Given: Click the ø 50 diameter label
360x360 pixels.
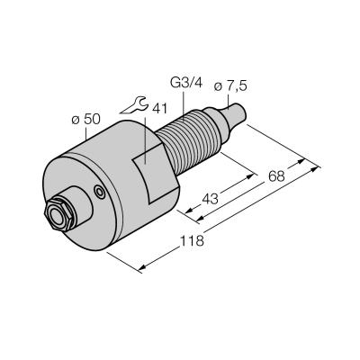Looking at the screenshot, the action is [x=85, y=120].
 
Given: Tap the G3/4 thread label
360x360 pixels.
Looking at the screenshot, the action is [x=186, y=83].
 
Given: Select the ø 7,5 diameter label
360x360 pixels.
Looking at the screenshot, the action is [x=230, y=86].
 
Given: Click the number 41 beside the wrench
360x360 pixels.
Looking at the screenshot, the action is [x=159, y=109].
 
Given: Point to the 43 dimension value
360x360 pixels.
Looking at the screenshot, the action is [x=210, y=199].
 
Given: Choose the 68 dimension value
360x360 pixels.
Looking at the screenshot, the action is [x=276, y=176].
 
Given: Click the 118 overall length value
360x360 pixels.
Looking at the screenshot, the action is [x=192, y=240].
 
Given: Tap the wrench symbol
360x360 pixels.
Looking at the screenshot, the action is [x=134, y=105].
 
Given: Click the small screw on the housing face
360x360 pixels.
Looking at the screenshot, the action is [x=99, y=191].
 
